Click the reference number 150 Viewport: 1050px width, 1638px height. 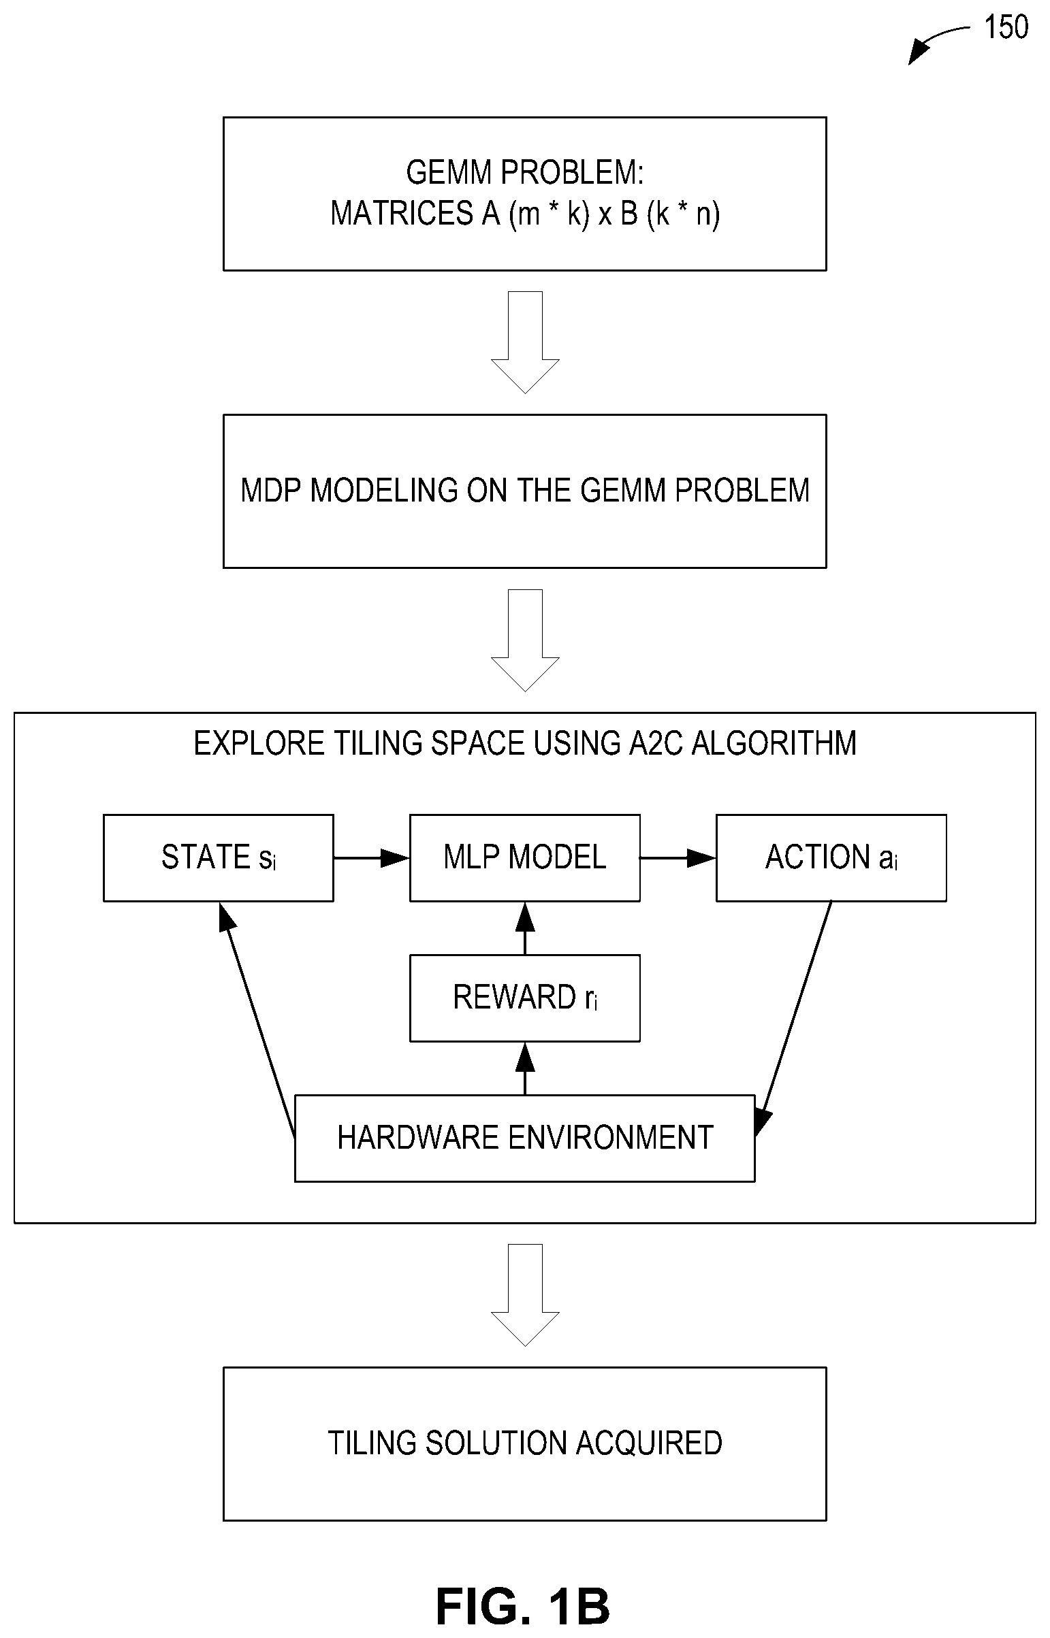point(1006,27)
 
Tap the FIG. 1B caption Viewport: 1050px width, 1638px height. point(523,1606)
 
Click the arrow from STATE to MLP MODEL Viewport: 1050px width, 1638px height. point(372,858)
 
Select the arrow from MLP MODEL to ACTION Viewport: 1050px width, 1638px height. point(678,858)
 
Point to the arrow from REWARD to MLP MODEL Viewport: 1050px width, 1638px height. point(525,928)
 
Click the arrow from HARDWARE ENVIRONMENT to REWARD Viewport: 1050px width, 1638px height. point(525,1068)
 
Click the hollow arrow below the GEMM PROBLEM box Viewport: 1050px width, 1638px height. point(525,343)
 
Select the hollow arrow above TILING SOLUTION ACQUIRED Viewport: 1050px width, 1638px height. point(525,1295)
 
